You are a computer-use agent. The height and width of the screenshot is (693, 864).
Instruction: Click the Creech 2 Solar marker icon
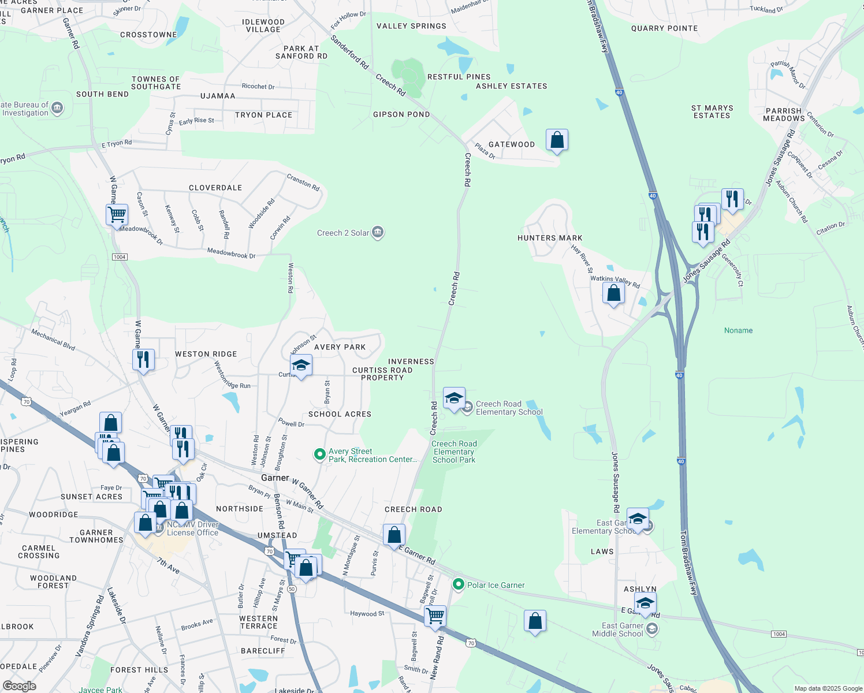coord(378,232)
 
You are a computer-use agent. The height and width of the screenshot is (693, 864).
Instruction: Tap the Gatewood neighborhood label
coord(512,144)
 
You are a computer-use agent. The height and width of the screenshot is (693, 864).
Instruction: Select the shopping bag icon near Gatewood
coord(557,140)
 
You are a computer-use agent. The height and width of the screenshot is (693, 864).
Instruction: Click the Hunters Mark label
coord(550,238)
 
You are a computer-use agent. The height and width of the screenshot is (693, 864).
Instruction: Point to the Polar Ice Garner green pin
coord(458,584)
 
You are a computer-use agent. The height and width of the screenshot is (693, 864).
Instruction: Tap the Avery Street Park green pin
coord(319,454)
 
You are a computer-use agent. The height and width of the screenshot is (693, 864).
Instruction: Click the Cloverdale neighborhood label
coord(215,188)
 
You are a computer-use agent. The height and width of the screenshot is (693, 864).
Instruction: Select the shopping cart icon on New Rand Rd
coord(435,616)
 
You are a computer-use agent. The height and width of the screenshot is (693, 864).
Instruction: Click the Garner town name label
coord(275,478)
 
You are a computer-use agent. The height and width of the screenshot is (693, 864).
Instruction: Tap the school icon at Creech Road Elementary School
coord(454,398)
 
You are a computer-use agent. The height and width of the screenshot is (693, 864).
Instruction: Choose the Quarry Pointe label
coord(664,28)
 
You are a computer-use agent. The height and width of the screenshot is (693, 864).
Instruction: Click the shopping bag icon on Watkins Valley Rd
coord(613,293)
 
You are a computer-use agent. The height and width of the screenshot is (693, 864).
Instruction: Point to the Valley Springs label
coord(411,26)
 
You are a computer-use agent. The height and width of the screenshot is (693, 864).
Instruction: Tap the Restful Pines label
coord(459,77)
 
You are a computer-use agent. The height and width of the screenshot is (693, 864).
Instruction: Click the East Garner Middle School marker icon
coord(652,629)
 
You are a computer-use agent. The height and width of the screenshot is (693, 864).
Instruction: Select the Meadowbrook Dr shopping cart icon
coord(117,214)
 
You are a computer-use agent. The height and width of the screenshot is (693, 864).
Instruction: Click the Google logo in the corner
coord(19,686)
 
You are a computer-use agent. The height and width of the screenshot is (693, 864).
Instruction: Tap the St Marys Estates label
coord(712,111)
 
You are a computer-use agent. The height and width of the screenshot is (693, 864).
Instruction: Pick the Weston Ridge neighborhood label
coord(206,354)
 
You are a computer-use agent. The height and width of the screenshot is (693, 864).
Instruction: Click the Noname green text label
coord(738,330)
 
